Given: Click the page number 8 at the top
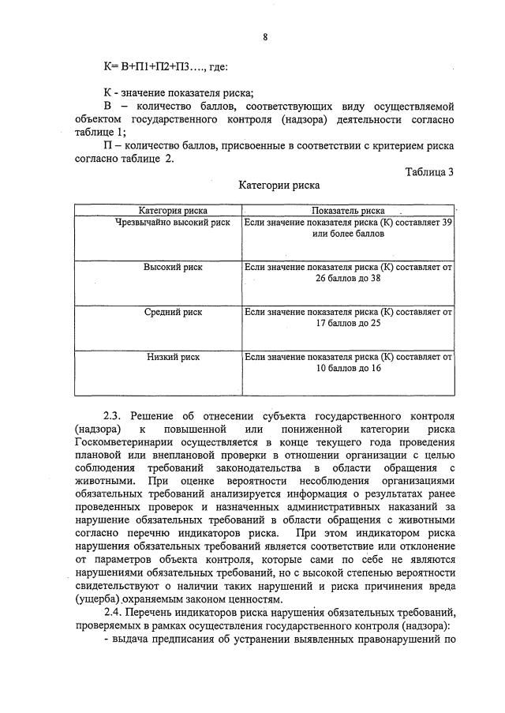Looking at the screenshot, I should point(264,36).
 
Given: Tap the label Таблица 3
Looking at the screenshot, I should point(429,172).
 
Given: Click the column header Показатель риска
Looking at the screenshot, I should point(348,211).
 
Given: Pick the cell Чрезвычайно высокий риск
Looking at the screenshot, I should point(173,223).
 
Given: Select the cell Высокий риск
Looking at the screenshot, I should point(173,267).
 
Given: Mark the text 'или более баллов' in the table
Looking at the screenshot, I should point(348,235).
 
